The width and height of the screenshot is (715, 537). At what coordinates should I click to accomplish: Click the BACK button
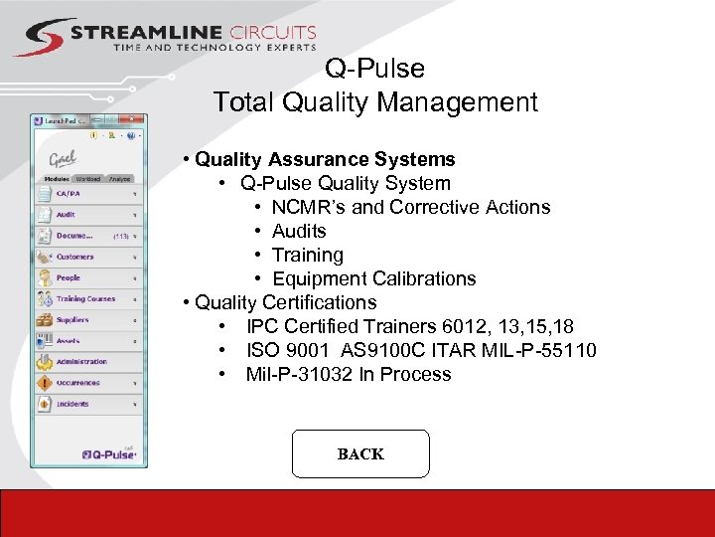click(x=359, y=454)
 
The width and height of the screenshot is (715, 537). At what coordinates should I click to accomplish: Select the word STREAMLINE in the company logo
click(x=133, y=33)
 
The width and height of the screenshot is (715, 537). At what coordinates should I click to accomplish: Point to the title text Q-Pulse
click(x=374, y=69)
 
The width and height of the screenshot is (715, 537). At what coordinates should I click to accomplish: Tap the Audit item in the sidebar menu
click(x=67, y=215)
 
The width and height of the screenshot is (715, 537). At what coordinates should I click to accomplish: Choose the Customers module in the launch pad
click(x=74, y=257)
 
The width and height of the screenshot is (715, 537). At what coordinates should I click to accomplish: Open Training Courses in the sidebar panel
click(x=84, y=298)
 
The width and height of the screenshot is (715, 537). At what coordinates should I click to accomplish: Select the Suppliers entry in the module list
click(x=72, y=320)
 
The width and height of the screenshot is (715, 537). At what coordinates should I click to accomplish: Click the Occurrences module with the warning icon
click(x=77, y=383)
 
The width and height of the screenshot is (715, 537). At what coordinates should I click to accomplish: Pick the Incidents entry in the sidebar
click(x=71, y=404)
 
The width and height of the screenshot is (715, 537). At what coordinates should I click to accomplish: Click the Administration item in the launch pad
click(x=81, y=362)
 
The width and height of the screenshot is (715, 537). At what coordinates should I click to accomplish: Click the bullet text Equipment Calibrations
click(x=373, y=278)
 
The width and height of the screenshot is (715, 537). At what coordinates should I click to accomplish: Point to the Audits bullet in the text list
click(x=299, y=231)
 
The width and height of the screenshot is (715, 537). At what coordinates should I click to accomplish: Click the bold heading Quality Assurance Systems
click(x=325, y=159)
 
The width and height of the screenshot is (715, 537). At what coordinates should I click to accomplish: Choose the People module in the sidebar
click(x=69, y=277)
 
